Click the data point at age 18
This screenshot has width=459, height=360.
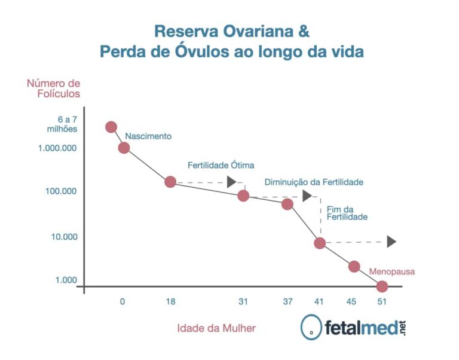[x=170, y=182]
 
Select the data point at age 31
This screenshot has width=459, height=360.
[x=243, y=196]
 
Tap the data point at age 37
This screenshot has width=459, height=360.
[x=287, y=204]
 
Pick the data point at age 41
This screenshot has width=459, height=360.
[x=320, y=243]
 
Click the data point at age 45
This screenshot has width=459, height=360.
[x=354, y=266]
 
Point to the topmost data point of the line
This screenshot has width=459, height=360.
[x=111, y=127]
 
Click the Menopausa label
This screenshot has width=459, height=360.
[x=391, y=271]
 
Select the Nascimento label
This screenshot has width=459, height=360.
[x=148, y=136]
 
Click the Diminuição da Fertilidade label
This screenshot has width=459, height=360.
[x=314, y=182]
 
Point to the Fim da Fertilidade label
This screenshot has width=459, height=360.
[x=347, y=213]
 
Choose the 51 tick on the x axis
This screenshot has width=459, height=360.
[x=382, y=301]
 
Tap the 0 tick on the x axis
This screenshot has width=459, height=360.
[x=123, y=301]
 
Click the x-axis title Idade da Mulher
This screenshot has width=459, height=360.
[x=216, y=328]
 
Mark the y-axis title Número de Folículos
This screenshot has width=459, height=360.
[x=53, y=88]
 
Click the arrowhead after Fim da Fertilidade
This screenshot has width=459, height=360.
[x=391, y=242]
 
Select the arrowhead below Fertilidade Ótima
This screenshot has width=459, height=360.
[x=231, y=182]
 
